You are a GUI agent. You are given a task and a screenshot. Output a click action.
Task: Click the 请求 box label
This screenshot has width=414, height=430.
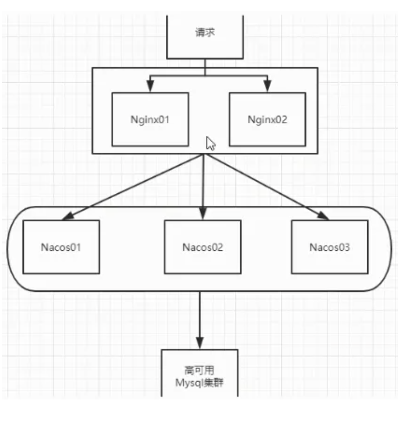tap(205, 33)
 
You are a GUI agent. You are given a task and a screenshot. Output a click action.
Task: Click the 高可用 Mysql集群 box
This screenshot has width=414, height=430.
tap(200, 373)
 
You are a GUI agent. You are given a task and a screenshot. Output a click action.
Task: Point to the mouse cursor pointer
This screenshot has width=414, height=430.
tap(210, 143)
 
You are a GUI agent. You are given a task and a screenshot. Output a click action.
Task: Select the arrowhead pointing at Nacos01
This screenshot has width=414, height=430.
tap(68, 216)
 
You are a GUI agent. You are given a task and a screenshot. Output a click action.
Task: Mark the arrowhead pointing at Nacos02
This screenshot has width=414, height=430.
tap(203, 214)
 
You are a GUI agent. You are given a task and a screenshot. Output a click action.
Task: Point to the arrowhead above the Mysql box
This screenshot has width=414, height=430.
tap(200, 343)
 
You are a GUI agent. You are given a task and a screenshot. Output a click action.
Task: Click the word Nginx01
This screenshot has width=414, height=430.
tap(150, 120)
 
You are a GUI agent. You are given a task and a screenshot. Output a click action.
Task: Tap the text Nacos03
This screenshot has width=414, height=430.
tap(330, 247)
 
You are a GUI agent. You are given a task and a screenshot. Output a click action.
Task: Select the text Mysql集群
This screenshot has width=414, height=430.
tap(200, 383)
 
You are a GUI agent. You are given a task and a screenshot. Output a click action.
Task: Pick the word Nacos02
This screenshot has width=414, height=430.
tap(203, 247)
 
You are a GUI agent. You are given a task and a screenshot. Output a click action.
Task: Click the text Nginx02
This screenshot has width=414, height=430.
tap(267, 120)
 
